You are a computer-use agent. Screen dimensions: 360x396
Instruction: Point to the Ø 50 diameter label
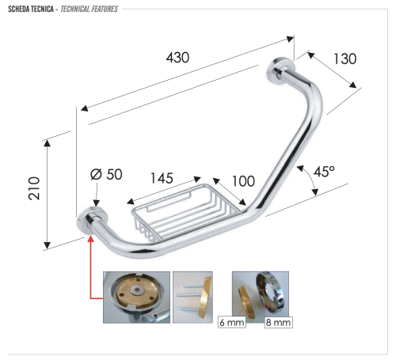click(x=105, y=175)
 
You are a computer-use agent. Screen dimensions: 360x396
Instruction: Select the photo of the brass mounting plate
click(x=136, y=297)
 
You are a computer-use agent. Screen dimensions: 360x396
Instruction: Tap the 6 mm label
click(x=231, y=324)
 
